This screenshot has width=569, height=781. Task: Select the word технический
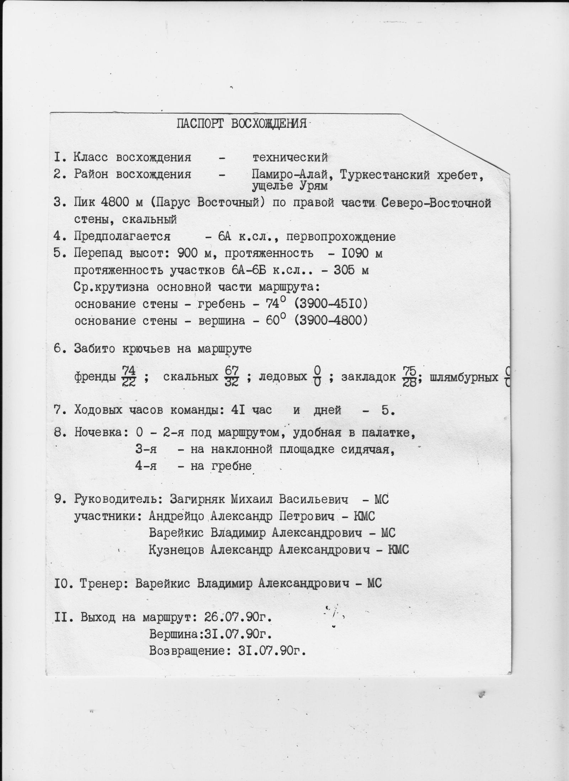[x=290, y=157]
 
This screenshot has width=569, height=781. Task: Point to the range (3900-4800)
[x=331, y=320]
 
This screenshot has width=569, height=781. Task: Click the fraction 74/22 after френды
[x=128, y=377]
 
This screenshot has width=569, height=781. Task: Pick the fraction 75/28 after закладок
[x=409, y=377]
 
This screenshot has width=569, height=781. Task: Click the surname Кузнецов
[x=177, y=550]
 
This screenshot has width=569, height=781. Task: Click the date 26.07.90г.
[x=238, y=617]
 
